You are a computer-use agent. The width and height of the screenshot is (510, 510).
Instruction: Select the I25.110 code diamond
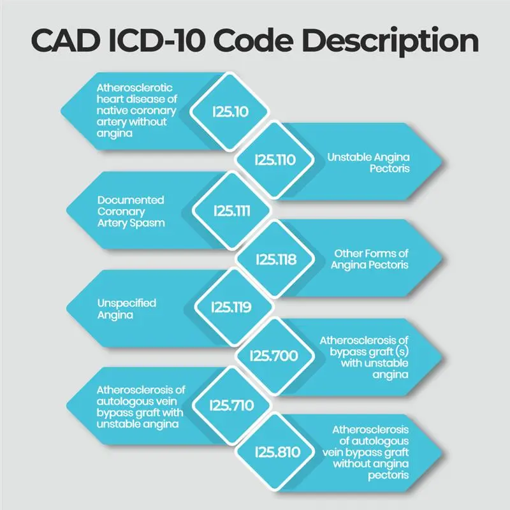click(x=275, y=160)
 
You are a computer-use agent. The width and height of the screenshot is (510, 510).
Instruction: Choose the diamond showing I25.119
click(x=230, y=307)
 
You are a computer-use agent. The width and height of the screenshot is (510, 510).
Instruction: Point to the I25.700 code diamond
click(x=275, y=356)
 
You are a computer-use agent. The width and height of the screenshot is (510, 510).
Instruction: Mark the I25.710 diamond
click(x=230, y=405)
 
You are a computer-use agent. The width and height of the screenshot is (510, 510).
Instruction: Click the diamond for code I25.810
click(x=275, y=453)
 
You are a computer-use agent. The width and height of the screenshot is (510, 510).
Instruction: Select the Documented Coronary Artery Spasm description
click(x=122, y=210)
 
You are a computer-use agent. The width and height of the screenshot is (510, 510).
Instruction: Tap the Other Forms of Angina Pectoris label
click(x=370, y=259)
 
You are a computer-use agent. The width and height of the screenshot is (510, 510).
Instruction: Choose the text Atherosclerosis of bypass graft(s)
click(x=363, y=356)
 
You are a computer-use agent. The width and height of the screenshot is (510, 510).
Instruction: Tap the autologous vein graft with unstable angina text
click(x=140, y=405)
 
